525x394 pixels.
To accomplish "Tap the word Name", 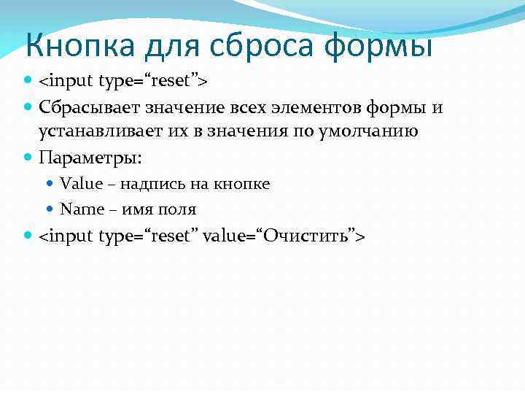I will [x=82, y=209].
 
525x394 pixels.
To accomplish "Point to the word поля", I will [x=180, y=209].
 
